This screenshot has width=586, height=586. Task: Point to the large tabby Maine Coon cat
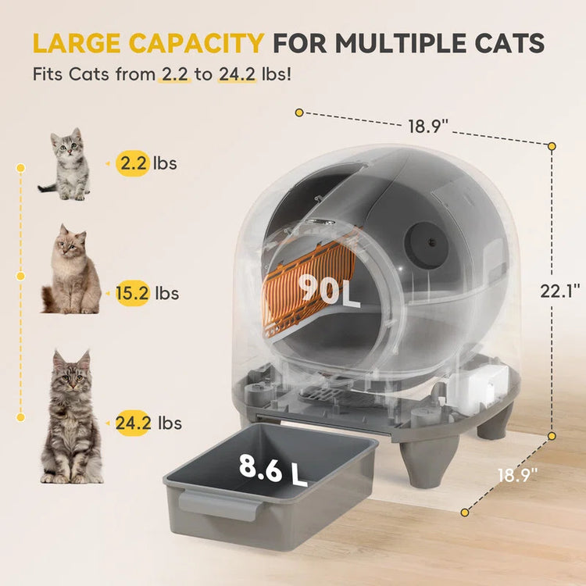tap(70, 418)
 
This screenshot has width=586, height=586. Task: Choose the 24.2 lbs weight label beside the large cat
tap(148, 423)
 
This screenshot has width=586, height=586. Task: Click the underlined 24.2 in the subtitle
tap(237, 77)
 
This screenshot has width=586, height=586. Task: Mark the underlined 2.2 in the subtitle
tap(172, 77)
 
